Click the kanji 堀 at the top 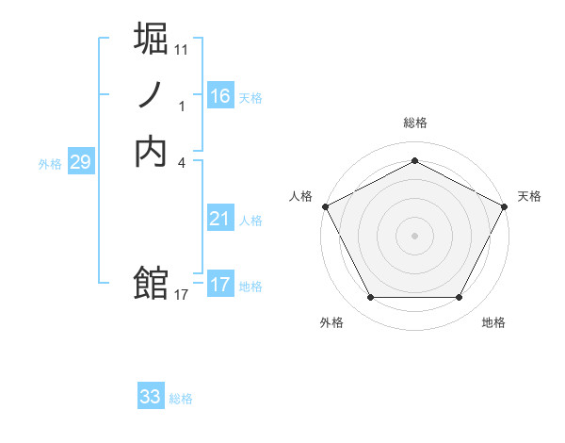pyautogui.click(x=151, y=41)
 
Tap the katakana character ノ pyautogui.click(x=151, y=96)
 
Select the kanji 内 pyautogui.click(x=151, y=151)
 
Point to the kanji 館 pyautogui.click(x=151, y=283)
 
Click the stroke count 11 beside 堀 pyautogui.click(x=182, y=49)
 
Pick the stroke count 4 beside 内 pyautogui.click(x=182, y=161)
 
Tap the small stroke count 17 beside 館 pyautogui.click(x=182, y=294)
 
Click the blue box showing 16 pyautogui.click(x=219, y=96)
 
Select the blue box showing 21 pyautogui.click(x=219, y=219)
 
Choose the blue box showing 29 pyautogui.click(x=80, y=162)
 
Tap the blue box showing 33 pyautogui.click(x=151, y=397)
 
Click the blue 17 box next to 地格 pyautogui.click(x=219, y=285)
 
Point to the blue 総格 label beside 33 pyautogui.click(x=181, y=399)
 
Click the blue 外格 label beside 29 pyautogui.click(x=50, y=164)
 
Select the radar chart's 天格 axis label pyautogui.click(x=529, y=196)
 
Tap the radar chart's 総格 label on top pyautogui.click(x=414, y=123)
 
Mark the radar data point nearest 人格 pyautogui.click(x=325, y=205)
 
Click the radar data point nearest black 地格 pyautogui.click(x=459, y=298)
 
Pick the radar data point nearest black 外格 pyautogui.click(x=370, y=298)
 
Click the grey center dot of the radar pyautogui.click(x=414, y=235)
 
